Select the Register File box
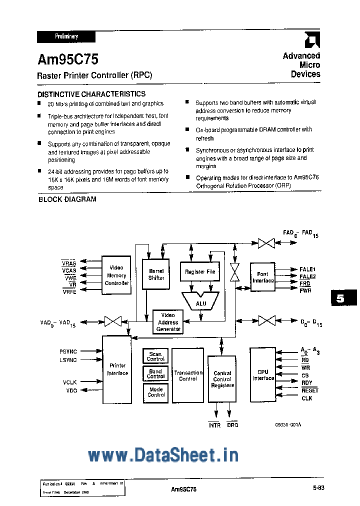click(199, 272)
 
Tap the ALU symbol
click(200, 302)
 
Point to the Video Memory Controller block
click(116, 275)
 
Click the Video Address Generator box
click(168, 322)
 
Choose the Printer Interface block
click(117, 369)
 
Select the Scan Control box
click(155, 356)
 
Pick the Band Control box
click(155, 374)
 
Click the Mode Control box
click(155, 392)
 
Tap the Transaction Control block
click(188, 375)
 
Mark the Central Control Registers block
click(222, 379)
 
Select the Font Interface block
click(262, 277)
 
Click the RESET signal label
click(309, 390)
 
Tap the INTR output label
click(214, 425)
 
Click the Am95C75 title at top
click(68, 60)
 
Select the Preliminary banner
click(66, 36)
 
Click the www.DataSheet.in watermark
click(163, 455)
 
